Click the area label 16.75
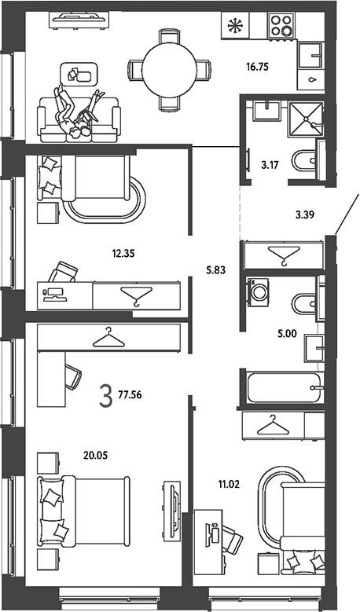coord(257,67)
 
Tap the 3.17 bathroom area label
coord(270,165)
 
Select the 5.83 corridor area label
coord(215,269)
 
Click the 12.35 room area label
coord(123,254)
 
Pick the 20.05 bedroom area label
coord(95,455)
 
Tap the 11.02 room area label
coord(229,486)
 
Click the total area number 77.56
coord(130,395)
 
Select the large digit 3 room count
coord(106,396)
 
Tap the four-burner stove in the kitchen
coord(281,25)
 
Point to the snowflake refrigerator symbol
coord(235,26)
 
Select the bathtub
coord(284,387)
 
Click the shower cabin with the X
coord(305,119)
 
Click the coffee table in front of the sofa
coord(79,74)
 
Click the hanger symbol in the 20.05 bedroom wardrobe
coord(108,338)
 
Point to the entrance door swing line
coord(347,214)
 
